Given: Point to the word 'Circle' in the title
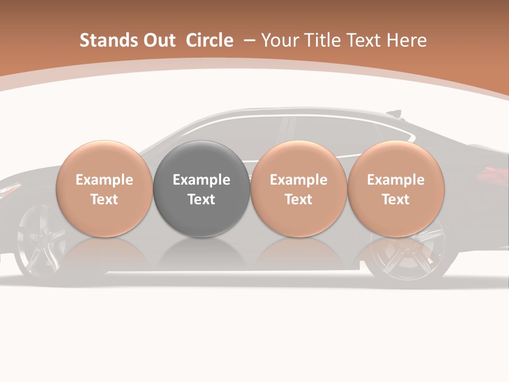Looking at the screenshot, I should coord(209,40).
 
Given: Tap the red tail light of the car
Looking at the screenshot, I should coord(493,173).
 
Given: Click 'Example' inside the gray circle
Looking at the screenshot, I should coord(201,180).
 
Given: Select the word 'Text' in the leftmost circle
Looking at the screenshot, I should coord(104,199).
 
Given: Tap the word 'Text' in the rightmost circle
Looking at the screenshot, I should coord(396,199).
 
